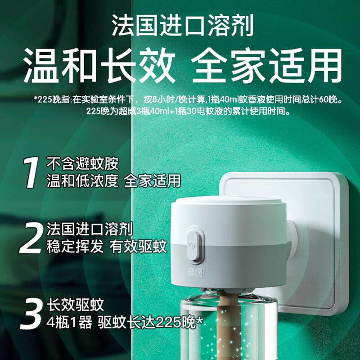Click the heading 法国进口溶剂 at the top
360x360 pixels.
(183, 25)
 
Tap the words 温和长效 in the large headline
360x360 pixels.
(99, 65)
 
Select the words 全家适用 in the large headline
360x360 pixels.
(267, 65)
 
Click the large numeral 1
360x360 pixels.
(31, 173)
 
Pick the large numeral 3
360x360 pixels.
(31, 314)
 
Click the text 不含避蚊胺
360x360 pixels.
(83, 163)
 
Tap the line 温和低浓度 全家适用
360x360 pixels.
(114, 181)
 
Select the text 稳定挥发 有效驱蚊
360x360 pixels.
(107, 246)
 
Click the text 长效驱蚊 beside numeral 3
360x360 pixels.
(76, 305)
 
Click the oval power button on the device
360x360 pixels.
(195, 244)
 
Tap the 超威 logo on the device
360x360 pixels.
(195, 273)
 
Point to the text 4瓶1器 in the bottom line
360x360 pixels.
(69, 322)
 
